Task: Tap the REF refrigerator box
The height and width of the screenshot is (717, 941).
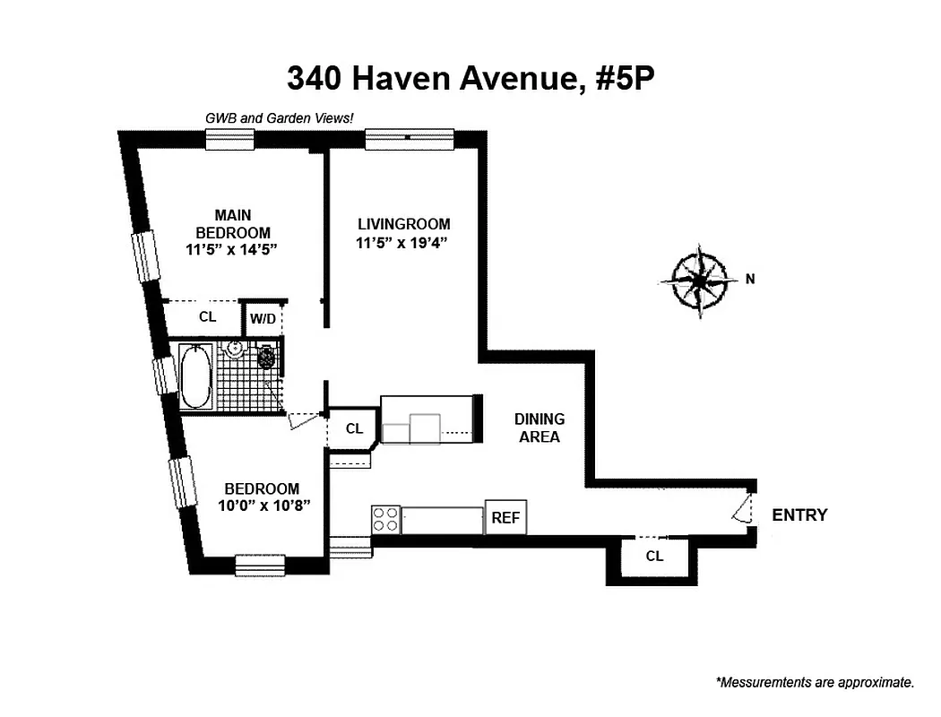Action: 505,518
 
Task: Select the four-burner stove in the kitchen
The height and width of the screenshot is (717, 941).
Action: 385,520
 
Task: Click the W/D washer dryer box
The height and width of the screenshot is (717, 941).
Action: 263,318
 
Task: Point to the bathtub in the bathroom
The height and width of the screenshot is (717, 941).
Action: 195,376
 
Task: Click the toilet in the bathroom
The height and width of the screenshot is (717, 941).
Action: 266,358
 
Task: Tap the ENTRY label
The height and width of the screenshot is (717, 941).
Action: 799,515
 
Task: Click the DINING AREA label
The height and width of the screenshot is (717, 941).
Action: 539,428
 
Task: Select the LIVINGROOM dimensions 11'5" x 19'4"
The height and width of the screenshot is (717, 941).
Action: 403,242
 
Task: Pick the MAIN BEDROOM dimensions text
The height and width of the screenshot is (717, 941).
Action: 232,251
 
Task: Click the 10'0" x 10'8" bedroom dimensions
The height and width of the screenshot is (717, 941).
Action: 262,506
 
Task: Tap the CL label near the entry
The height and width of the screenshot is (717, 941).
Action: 654,556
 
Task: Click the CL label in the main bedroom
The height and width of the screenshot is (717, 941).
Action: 207,316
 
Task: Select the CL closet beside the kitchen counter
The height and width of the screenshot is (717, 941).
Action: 354,428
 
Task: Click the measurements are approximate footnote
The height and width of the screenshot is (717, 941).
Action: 815,683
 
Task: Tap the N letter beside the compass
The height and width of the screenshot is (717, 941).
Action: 750,279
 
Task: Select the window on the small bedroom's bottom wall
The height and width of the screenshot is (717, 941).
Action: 260,565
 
